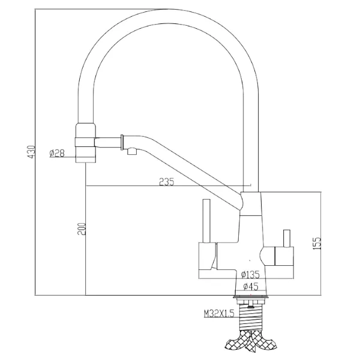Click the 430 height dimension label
point(32,151)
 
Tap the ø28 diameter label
point(57,153)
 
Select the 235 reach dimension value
point(167,182)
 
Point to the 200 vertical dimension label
point(82,229)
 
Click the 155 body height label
point(316,244)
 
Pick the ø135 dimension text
point(250,274)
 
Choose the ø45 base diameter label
point(251,286)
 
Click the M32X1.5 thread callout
point(219,313)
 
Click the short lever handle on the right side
point(287,238)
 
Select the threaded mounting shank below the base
point(250,317)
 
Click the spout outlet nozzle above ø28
point(86,143)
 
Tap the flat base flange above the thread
point(251,297)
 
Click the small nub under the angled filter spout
point(133,152)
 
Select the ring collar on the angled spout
point(122,142)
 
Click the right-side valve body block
point(284,256)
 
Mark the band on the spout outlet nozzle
point(85,142)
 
